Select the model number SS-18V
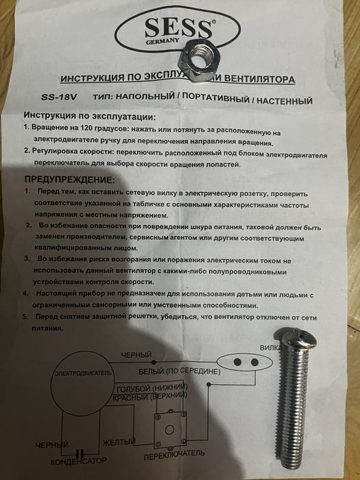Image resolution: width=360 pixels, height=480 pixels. (47, 97)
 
